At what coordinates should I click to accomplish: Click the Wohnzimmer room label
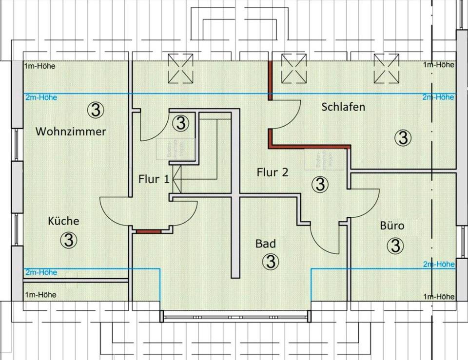(x=71, y=132)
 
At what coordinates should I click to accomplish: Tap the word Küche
(x=63, y=221)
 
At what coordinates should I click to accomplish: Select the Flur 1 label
(x=154, y=179)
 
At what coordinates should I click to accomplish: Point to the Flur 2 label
(x=273, y=172)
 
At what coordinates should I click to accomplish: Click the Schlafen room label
(x=343, y=107)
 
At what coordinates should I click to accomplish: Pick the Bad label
(x=266, y=244)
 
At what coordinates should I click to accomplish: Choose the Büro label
(x=392, y=226)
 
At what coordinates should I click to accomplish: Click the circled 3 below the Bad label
(x=271, y=262)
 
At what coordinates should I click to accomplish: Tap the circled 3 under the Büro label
(x=395, y=246)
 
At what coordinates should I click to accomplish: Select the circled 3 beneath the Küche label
(x=69, y=240)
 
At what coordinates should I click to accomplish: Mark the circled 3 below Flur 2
(x=320, y=184)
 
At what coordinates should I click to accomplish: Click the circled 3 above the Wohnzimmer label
(x=96, y=111)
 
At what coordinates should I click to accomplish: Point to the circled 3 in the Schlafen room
(x=403, y=138)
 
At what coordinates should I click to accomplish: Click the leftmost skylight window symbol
(x=180, y=69)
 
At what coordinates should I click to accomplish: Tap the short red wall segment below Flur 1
(x=148, y=232)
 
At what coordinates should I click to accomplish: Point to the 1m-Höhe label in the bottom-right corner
(x=439, y=297)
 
